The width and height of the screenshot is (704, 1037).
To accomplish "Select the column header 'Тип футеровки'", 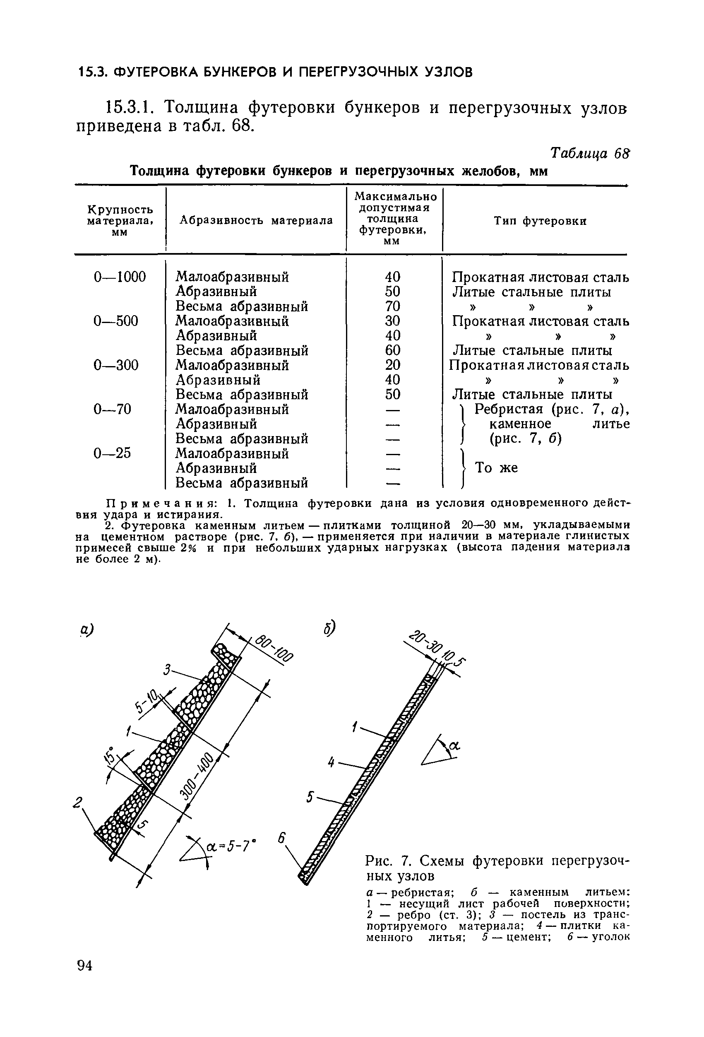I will coord(540,221).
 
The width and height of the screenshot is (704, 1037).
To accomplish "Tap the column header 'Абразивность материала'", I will coord(256,220).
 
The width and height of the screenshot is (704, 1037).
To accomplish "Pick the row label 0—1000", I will coord(120,277).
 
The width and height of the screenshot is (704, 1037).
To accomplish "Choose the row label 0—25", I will coord(112,453).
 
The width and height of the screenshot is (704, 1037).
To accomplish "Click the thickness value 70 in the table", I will coord(392,306).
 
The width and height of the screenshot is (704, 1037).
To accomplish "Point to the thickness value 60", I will coord(392,350).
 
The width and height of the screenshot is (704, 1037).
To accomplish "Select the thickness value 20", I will coord(392,365).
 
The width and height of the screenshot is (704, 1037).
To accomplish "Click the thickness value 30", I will coord(392,321).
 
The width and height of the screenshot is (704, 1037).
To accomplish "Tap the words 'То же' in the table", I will coord(496,468).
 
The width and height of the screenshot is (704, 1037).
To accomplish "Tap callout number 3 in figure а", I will coord(167,670).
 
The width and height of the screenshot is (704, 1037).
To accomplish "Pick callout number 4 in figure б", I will coord(331,762).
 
